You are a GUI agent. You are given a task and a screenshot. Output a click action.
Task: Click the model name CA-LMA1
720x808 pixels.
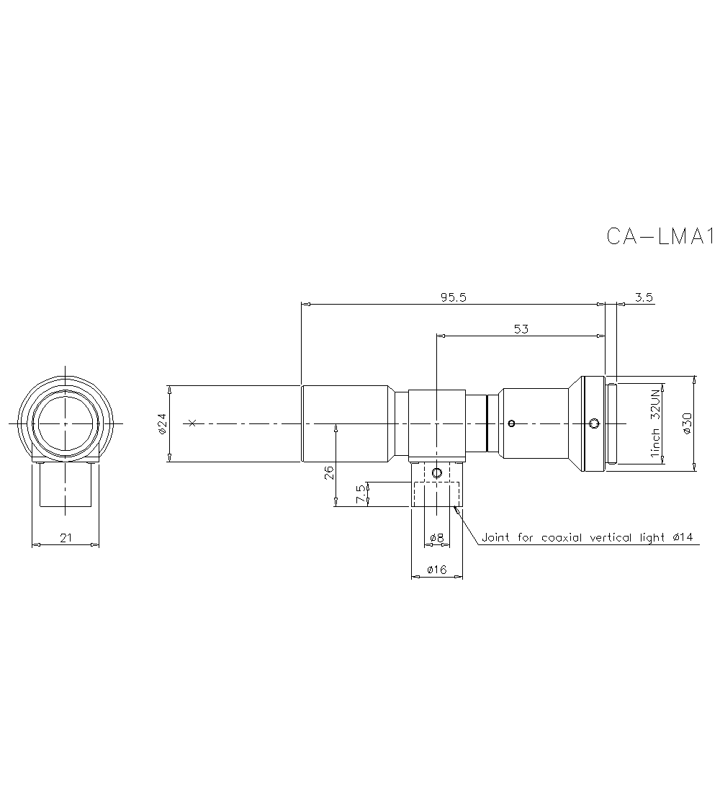[x=659, y=236]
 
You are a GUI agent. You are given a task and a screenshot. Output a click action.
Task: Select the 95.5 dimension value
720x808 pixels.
[x=454, y=297]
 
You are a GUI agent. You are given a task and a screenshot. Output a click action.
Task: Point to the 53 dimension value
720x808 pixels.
[x=521, y=329]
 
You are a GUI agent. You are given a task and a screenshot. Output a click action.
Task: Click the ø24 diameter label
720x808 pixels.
[x=162, y=423]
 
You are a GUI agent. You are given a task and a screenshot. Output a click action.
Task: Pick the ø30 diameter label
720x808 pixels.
[x=686, y=423]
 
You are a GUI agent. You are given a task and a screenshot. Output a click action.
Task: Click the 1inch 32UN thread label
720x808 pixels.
[x=655, y=423]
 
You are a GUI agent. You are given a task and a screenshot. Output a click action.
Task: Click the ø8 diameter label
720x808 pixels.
[x=436, y=538]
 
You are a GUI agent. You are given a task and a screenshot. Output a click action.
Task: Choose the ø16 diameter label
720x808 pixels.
[x=436, y=570]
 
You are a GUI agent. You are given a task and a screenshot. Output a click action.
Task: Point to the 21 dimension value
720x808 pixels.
[x=65, y=538]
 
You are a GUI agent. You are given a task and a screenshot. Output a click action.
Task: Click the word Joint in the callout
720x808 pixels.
[x=495, y=537]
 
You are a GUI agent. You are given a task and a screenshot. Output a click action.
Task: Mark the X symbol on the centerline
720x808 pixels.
[x=191, y=423]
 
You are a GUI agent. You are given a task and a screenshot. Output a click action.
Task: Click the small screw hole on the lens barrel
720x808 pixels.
[x=511, y=423]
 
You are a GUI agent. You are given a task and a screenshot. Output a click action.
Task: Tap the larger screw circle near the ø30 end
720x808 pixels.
[x=594, y=423]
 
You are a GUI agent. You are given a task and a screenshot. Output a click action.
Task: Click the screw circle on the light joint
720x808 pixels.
[x=436, y=473]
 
